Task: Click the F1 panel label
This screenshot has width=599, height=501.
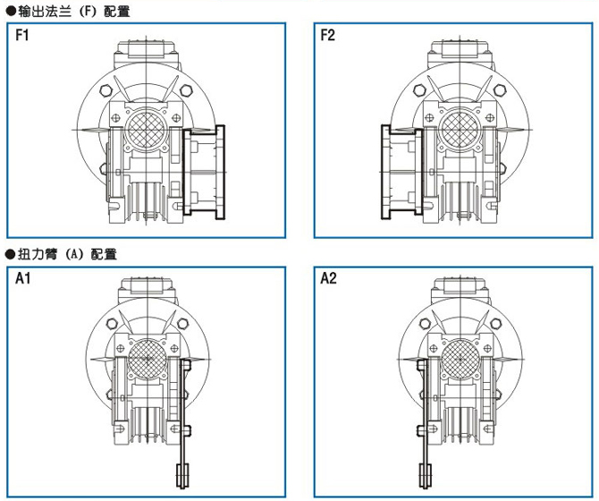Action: point(21,35)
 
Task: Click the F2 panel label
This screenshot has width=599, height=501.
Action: point(327,35)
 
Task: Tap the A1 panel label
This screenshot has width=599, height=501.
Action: point(22,278)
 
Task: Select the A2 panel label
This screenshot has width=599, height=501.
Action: point(328,278)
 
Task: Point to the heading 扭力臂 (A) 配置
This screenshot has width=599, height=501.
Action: point(62,254)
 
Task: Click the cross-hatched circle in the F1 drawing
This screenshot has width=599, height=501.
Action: point(147,130)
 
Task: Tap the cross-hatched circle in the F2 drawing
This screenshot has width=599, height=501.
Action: point(460,130)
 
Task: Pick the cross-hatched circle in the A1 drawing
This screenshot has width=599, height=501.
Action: point(148,359)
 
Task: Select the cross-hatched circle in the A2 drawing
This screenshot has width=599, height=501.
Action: point(460,359)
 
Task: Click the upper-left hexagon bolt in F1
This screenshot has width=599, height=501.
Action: point(105,90)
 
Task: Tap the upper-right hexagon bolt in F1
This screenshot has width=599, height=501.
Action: point(185,90)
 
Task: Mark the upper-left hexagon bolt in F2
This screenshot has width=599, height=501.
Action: point(419,90)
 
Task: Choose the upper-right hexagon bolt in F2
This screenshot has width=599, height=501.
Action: point(499,90)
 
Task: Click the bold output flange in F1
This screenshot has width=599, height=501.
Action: point(204,173)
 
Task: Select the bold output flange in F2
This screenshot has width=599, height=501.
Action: point(402,173)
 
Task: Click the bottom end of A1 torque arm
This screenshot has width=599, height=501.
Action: point(182,488)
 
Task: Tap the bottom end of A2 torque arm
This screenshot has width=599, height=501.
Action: point(426,488)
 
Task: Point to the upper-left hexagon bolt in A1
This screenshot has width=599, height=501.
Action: point(112,324)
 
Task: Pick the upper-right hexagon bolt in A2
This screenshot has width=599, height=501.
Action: point(496,324)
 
